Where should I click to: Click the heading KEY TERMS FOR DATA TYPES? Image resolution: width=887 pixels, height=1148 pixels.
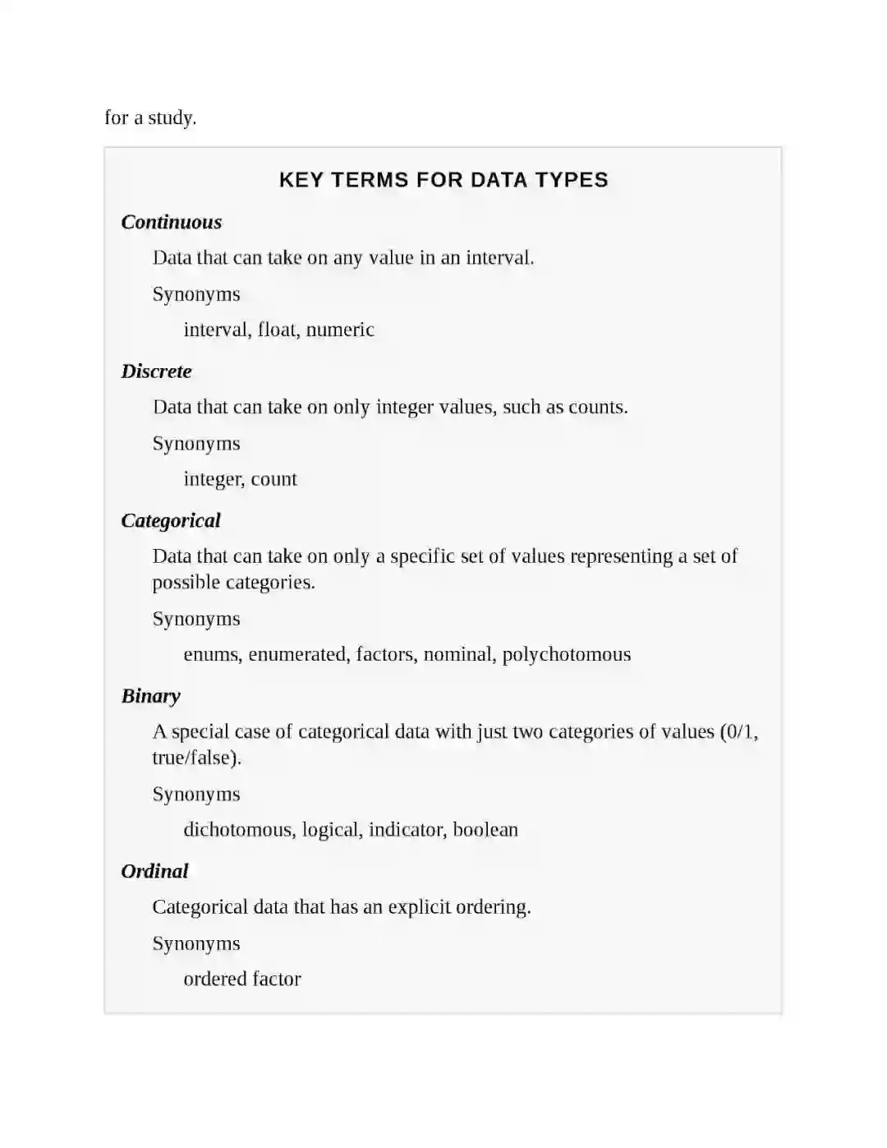click(x=443, y=180)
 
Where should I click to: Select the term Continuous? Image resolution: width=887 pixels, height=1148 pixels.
click(x=172, y=222)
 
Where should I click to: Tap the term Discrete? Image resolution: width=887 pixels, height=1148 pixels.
click(x=156, y=371)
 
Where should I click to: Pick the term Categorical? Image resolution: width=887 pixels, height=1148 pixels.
click(x=171, y=520)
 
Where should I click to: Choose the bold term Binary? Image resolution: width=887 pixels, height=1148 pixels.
click(x=150, y=696)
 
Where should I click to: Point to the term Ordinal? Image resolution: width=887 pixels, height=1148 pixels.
click(x=154, y=871)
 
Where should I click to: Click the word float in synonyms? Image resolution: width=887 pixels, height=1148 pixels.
click(x=278, y=330)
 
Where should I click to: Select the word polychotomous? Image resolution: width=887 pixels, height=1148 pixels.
click(x=567, y=654)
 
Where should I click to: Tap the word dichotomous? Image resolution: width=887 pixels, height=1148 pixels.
click(x=237, y=830)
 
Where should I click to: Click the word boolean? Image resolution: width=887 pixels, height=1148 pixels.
click(x=485, y=830)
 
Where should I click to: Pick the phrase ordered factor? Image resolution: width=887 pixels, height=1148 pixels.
click(x=242, y=979)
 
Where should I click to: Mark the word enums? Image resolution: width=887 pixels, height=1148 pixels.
click(x=212, y=654)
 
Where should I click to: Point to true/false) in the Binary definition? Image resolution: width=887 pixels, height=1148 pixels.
click(x=196, y=758)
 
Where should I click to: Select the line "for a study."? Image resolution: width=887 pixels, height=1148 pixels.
click(x=150, y=118)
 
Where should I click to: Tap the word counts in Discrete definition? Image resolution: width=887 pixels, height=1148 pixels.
click(x=598, y=407)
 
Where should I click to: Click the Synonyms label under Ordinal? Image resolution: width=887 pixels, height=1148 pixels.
click(x=196, y=943)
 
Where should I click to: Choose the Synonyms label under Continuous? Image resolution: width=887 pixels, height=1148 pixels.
click(x=196, y=294)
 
